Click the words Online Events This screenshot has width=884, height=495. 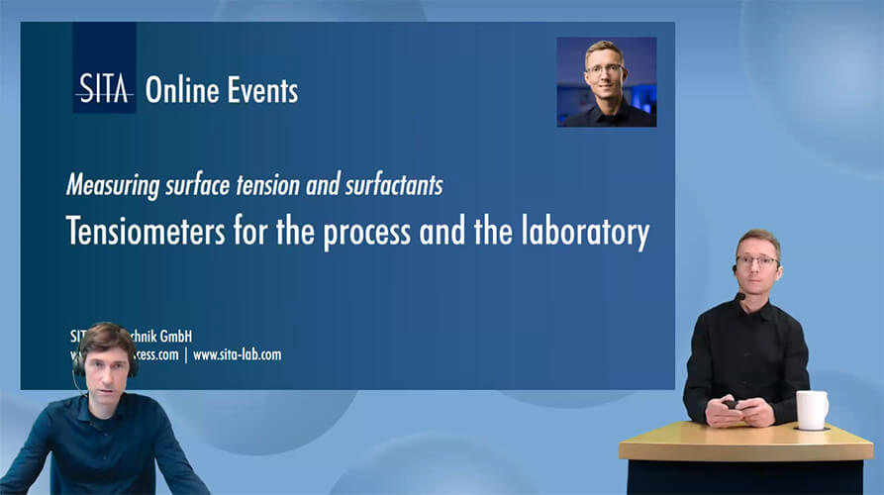click(x=222, y=91)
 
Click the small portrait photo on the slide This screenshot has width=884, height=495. click(x=606, y=82)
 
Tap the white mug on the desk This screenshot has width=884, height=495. click(x=811, y=410)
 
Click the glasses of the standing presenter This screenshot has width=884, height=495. click(x=757, y=260)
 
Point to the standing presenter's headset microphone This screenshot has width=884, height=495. click(x=739, y=296)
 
